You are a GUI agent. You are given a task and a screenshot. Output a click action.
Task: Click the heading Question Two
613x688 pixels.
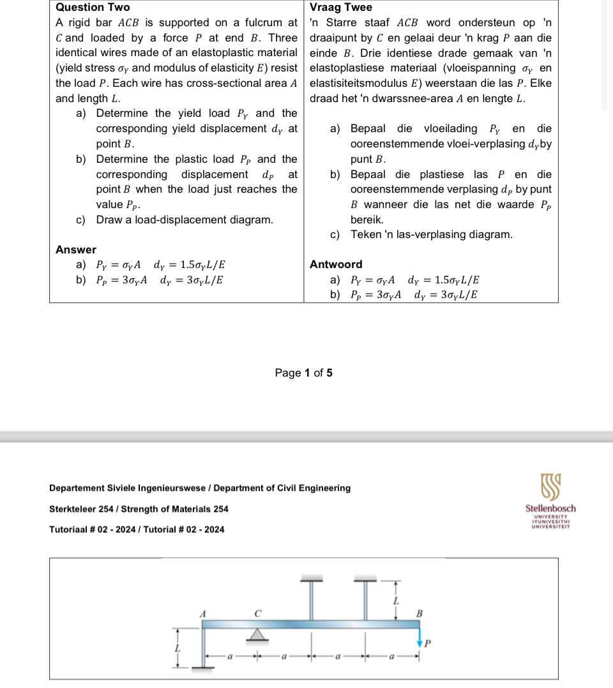93,8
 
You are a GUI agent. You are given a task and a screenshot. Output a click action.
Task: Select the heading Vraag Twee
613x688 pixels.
340,8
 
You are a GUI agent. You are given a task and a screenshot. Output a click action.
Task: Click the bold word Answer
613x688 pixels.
76,250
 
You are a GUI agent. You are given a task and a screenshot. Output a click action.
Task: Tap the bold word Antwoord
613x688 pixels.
336,264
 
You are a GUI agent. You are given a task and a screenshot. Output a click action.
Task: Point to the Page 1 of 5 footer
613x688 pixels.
303,373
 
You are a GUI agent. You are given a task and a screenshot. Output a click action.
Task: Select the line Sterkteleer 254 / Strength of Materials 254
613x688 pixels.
139,509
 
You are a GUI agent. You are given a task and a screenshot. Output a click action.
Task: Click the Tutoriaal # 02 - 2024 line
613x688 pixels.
137,529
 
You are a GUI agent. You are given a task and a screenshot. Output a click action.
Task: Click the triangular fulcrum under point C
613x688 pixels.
257,634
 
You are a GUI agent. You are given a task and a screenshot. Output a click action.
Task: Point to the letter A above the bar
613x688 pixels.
203,613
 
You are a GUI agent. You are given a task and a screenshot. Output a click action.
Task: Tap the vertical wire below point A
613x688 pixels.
203,648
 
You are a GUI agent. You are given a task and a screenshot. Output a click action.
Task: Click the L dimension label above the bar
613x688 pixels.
396,601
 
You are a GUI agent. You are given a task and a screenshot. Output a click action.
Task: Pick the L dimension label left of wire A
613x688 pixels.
178,648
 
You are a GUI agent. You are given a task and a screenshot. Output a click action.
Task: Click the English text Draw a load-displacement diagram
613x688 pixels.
185,220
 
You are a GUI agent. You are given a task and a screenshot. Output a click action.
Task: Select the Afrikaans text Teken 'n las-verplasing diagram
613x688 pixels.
431,234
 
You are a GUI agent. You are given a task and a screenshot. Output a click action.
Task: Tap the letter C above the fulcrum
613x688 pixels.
257,613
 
